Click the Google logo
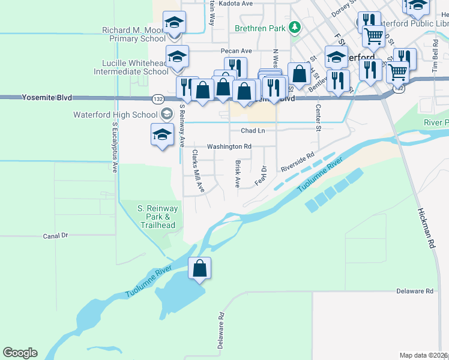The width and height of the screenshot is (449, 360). tap(20, 353)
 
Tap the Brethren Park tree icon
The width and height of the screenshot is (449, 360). tap(294, 27)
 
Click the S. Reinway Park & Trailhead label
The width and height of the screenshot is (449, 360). tap(157, 217)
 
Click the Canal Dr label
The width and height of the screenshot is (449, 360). tap(56, 236)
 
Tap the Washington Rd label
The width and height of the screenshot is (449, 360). tap(229, 146)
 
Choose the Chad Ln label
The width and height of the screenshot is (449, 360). tap(253, 130)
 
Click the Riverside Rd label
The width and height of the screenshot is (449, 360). tap(297, 163)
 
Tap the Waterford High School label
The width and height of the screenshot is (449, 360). tap(115, 115)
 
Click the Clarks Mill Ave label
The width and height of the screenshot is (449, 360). tap(197, 171)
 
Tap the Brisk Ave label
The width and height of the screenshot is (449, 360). tap(238, 172)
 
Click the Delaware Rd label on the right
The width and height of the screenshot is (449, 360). tap(415, 291)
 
